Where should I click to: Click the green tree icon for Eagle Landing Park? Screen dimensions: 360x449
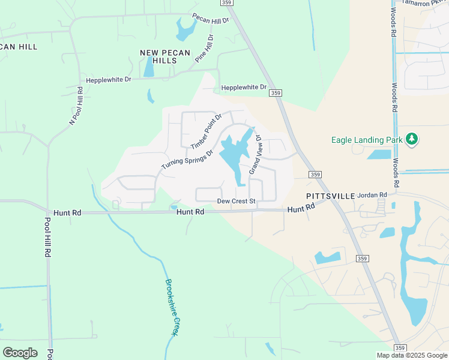[x=412, y=139]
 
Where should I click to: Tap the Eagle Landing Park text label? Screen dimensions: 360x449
[x=367, y=140]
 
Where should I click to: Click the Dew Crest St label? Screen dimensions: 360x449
[x=237, y=201]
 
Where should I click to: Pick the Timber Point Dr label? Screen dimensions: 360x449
[x=206, y=131]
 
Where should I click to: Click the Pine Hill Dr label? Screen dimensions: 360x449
[x=205, y=49]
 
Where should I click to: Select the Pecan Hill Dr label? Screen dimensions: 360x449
[x=211, y=19]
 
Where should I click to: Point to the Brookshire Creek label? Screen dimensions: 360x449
[x=172, y=307]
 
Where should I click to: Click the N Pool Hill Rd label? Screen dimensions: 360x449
[x=76, y=106]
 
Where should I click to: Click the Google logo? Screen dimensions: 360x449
[x=20, y=352]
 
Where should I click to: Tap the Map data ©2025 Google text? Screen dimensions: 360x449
[x=412, y=355]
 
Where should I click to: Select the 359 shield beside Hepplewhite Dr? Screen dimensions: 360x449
[x=276, y=92]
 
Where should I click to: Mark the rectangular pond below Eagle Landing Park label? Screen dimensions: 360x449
[x=379, y=155]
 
